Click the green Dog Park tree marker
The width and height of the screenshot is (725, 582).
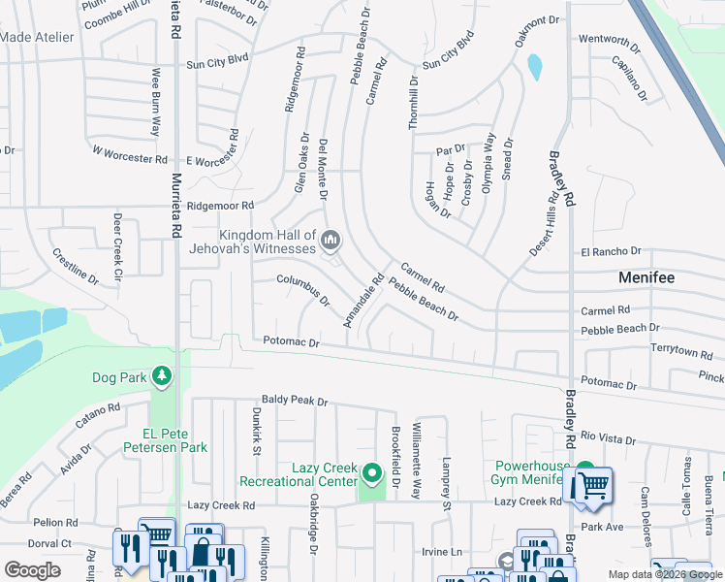tap(163, 375)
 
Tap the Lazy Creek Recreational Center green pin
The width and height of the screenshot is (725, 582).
tap(372, 474)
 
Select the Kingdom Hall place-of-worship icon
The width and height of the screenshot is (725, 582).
tap(331, 240)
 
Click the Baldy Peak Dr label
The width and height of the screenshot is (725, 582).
tap(295, 400)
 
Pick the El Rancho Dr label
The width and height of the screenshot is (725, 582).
tap(613, 251)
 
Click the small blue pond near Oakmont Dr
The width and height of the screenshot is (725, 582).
tap(534, 67)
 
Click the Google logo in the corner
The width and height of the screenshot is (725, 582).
tap(32, 569)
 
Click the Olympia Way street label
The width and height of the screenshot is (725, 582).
tap(489, 160)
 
